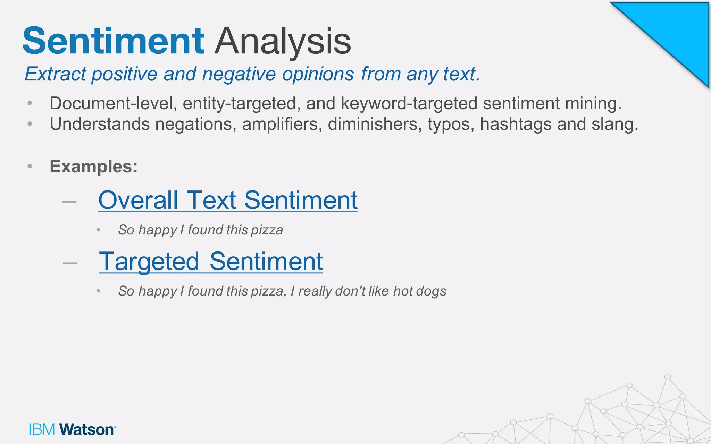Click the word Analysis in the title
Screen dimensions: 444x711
pyautogui.click(x=283, y=42)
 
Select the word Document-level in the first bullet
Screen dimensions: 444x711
pyautogui.click(x=111, y=103)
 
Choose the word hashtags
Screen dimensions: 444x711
pyautogui.click(x=516, y=124)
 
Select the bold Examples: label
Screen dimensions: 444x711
pyautogui.click(x=94, y=166)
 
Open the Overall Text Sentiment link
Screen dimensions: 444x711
pyautogui.click(x=228, y=200)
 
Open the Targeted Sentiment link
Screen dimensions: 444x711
pyautogui.click(x=211, y=262)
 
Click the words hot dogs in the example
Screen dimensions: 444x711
pyautogui.click(x=419, y=291)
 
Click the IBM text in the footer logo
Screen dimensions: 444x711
pyautogui.click(x=42, y=429)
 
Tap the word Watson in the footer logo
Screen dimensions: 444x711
pyautogui.click(x=86, y=429)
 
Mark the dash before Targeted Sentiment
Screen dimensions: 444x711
pyautogui.click(x=70, y=263)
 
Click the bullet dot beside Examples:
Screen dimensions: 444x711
pyautogui.click(x=30, y=166)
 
